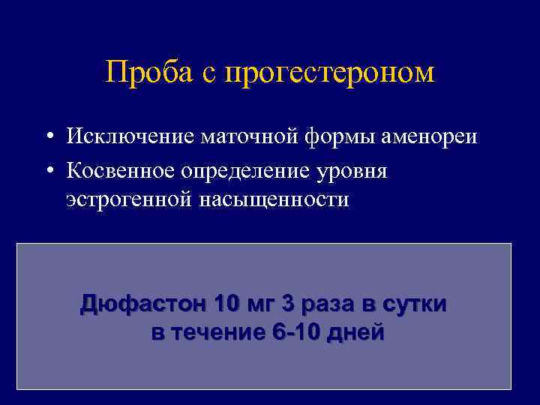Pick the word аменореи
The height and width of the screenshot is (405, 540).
[x=413, y=137]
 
